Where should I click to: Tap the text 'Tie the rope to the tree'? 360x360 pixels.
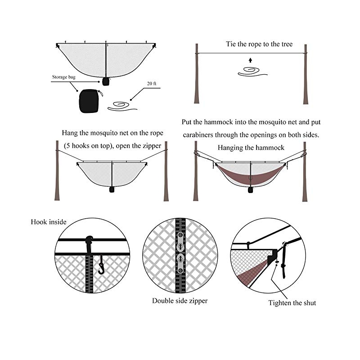click(259, 44)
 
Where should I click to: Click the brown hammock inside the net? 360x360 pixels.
click(248, 173)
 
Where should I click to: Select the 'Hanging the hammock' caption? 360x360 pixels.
click(251, 148)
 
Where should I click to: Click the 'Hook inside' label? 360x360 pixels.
click(49, 222)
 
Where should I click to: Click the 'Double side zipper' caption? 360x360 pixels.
click(180, 301)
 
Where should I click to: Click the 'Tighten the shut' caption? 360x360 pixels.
click(292, 303)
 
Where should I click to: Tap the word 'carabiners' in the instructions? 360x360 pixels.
click(199, 135)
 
